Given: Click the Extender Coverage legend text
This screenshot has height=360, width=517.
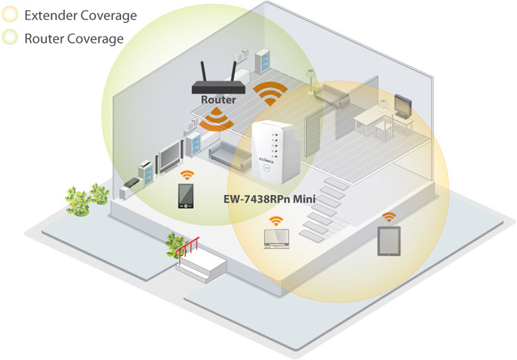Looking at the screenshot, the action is click(81, 15).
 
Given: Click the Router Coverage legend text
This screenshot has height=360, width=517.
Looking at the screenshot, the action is click(74, 39).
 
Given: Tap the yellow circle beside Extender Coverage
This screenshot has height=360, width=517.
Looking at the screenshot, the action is click(10, 15).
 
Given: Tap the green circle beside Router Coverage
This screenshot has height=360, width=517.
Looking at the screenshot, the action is click(10, 37).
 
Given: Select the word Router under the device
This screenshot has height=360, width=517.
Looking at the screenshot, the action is click(219, 99).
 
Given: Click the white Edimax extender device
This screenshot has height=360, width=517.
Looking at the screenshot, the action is click(274, 152).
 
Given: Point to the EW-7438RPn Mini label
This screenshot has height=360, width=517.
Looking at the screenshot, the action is click(270, 199).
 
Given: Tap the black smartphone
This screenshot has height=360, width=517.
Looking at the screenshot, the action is click(186, 196).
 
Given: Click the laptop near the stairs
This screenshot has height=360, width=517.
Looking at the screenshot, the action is click(276, 239).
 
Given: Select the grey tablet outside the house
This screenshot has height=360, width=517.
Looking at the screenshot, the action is click(389, 241).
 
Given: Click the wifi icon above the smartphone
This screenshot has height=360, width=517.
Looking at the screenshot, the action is click(187, 175).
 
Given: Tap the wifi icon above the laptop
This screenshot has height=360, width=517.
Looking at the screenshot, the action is click(276, 221).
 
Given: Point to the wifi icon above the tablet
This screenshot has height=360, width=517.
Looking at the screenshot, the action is click(389, 217).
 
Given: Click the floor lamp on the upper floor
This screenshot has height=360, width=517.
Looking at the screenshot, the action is click(310, 81).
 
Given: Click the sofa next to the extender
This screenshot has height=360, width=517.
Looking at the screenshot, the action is click(229, 156).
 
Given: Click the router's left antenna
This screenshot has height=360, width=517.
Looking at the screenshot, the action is click(203, 71).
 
